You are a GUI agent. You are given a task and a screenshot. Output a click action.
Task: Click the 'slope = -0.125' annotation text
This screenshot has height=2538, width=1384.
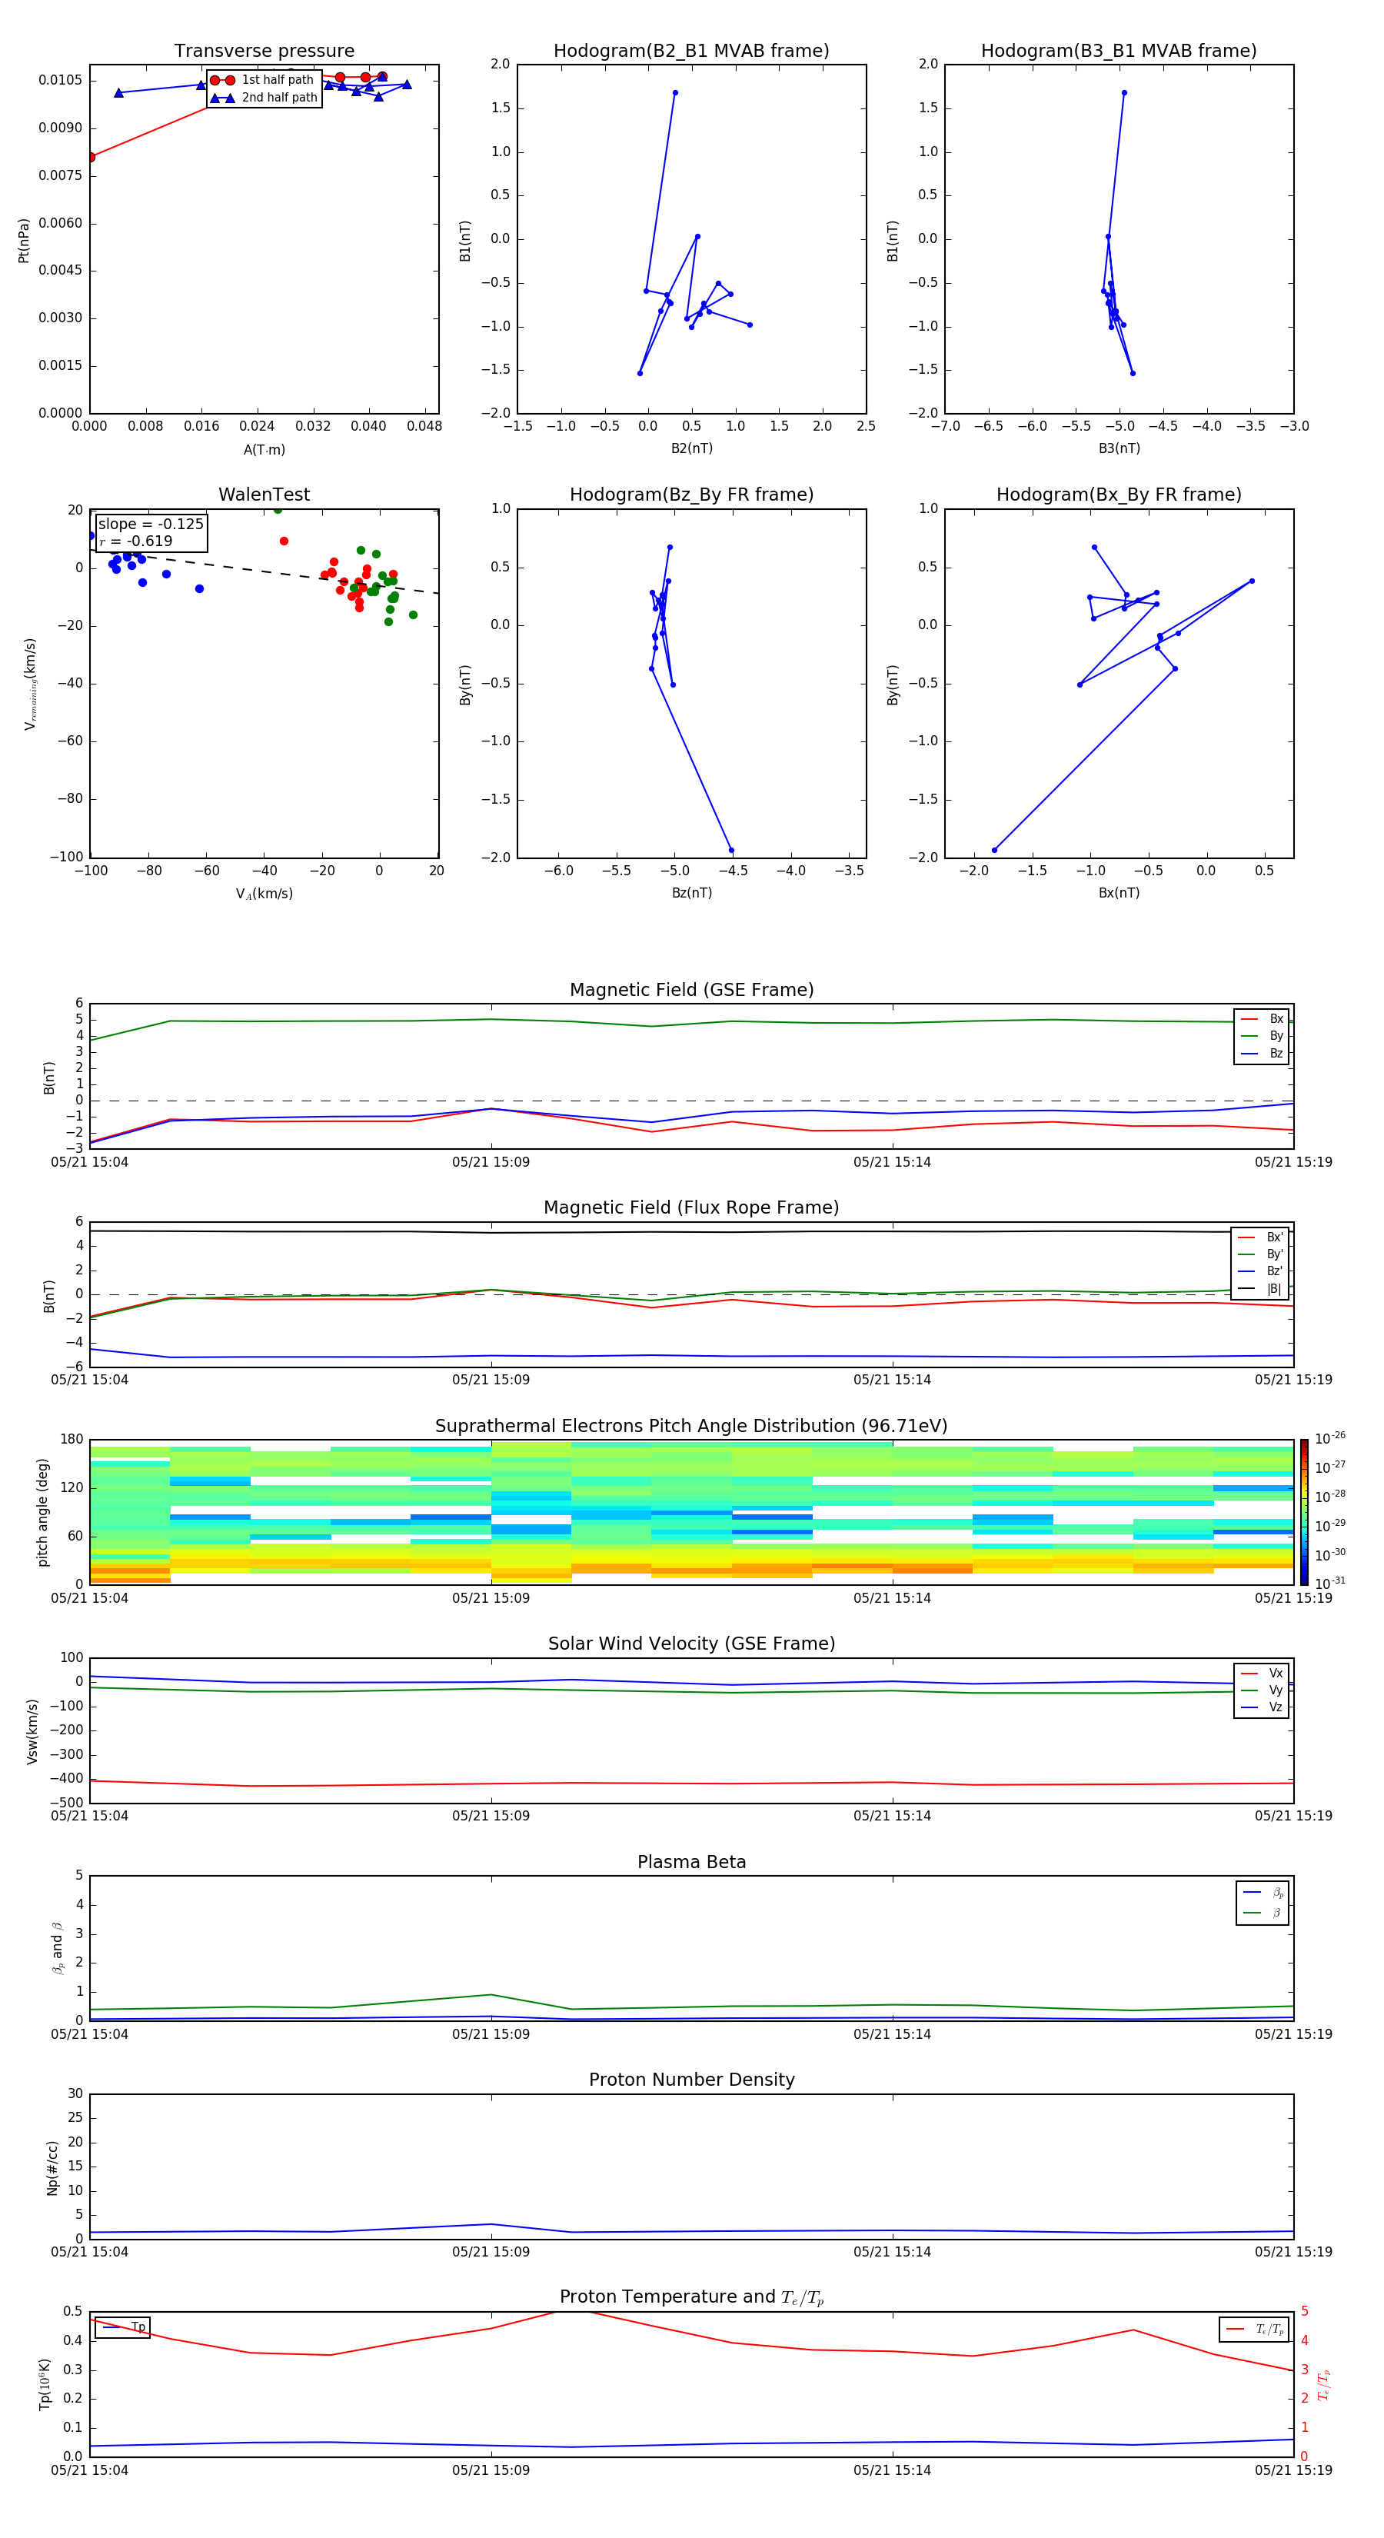pyautogui.click(x=151, y=525)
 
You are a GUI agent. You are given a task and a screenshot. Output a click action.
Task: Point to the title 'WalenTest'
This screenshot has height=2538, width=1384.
pyautogui.click(x=264, y=495)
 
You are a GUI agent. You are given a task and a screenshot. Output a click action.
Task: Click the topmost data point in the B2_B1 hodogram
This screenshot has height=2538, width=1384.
pyautogui.click(x=675, y=92)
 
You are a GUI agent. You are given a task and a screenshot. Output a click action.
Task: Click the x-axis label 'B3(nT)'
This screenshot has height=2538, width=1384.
pyautogui.click(x=1119, y=448)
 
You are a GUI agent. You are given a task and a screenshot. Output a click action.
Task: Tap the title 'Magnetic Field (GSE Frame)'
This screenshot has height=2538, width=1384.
pyautogui.click(x=691, y=990)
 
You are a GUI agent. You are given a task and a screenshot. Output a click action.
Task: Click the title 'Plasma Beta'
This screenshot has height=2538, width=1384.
pyautogui.click(x=691, y=1862)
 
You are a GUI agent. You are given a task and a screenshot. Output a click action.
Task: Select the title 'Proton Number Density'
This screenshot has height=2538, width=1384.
pyautogui.click(x=691, y=2080)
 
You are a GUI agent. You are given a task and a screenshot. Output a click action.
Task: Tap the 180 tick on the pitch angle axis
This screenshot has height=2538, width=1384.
pyautogui.click(x=72, y=1440)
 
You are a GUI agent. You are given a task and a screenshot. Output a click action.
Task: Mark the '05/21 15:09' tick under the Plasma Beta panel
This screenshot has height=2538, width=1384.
pyautogui.click(x=491, y=2033)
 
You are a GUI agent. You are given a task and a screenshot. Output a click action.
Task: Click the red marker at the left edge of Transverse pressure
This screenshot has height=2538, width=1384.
pyautogui.click(x=91, y=158)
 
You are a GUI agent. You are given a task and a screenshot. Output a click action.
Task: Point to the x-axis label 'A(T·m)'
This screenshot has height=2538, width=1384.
pyautogui.click(x=264, y=450)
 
